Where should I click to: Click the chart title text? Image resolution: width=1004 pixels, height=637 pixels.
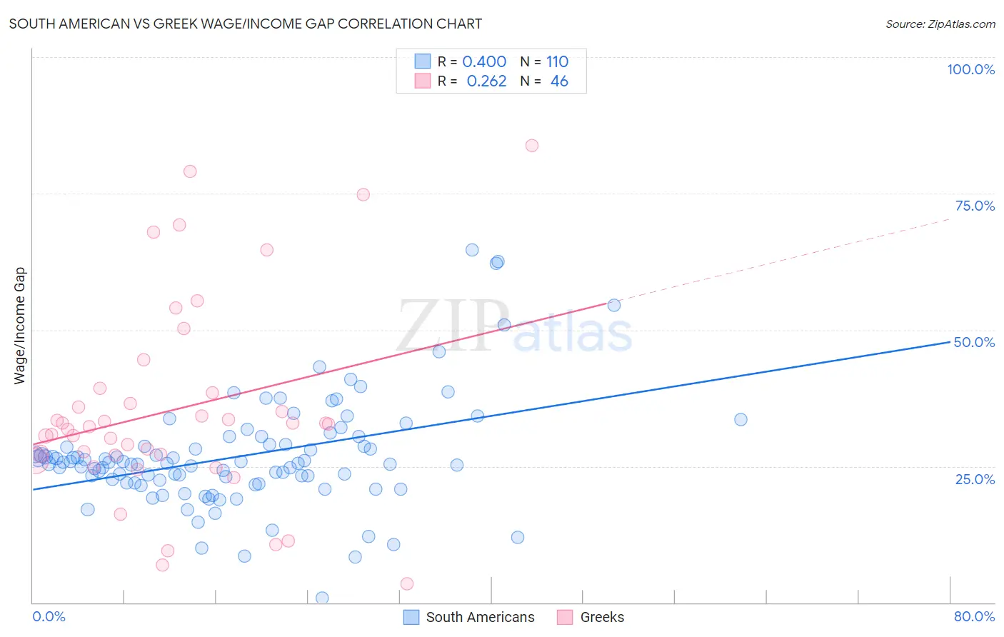245,24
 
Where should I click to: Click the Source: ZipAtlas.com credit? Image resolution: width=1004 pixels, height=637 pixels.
940,24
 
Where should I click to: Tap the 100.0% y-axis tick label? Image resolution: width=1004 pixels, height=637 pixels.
970,69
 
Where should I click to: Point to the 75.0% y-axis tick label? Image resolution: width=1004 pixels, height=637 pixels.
975,206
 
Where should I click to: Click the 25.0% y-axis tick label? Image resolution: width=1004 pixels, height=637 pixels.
975,478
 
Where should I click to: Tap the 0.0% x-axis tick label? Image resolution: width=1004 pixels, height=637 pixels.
49,616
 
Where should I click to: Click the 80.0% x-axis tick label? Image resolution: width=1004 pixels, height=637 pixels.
974,616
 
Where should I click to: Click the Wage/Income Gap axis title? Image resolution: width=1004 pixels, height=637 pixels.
20,326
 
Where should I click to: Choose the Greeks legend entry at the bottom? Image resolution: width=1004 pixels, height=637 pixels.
601,617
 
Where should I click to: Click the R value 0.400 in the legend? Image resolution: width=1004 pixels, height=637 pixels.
484,61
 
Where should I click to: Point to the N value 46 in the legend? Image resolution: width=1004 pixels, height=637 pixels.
559,81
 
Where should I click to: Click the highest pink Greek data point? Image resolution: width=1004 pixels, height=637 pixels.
531,146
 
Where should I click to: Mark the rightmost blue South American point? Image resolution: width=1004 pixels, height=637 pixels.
741,419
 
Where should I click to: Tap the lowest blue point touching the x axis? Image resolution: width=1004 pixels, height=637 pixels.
322,598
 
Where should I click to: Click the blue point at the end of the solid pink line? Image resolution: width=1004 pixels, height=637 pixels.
613,305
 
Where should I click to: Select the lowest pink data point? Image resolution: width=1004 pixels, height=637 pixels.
407,583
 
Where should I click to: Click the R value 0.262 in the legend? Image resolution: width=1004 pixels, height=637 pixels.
486,81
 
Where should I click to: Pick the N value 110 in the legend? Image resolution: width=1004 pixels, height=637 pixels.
557,61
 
